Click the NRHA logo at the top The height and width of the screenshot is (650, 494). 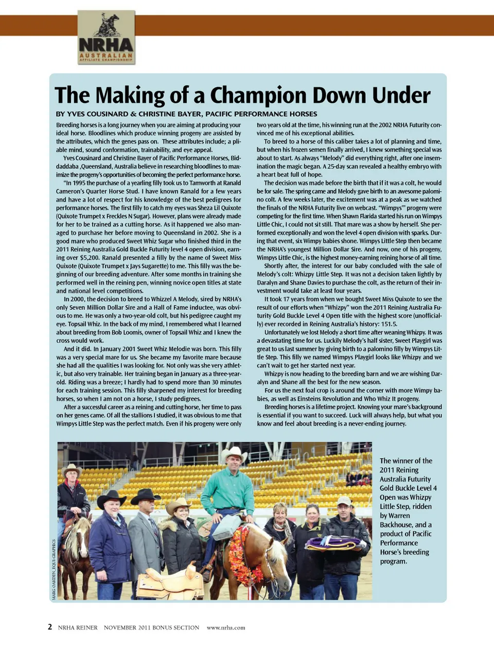tap(106, 38)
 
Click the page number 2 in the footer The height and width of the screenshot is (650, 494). tap(50, 627)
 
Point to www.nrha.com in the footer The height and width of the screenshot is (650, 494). tap(226, 627)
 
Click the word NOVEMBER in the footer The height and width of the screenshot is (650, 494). tap(120, 627)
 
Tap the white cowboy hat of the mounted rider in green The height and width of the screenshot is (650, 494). tap(234, 454)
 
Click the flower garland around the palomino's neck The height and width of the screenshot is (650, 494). tap(239, 555)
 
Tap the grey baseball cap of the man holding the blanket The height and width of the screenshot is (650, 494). tap(344, 500)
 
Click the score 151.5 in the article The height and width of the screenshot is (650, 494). tap(387, 324)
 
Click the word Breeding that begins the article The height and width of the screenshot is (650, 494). tap(68, 125)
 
